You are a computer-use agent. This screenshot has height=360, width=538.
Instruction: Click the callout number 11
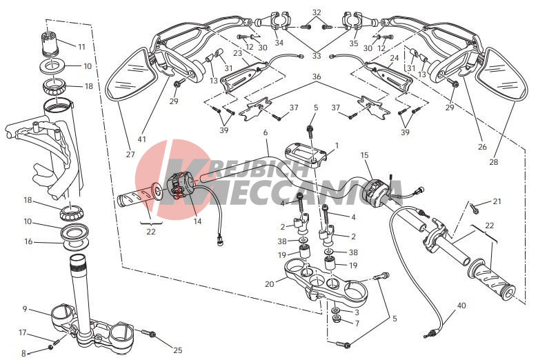[x=81, y=46]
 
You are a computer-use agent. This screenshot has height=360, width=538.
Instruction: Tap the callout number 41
[x=141, y=139]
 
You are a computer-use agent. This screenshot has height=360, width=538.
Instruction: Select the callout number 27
[x=130, y=154]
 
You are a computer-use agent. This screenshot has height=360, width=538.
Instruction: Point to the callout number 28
[x=493, y=161]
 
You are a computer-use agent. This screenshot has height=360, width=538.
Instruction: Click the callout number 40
[x=462, y=305]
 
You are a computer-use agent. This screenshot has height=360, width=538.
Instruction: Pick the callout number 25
[x=178, y=350]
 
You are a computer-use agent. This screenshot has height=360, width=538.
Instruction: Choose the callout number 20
[x=270, y=284]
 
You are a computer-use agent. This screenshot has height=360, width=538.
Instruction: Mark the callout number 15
[x=364, y=155]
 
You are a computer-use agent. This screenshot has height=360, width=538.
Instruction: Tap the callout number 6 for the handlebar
[x=266, y=132]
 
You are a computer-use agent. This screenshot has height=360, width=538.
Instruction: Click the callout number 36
[x=317, y=77]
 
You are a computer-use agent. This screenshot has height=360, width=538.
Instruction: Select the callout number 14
[x=197, y=221]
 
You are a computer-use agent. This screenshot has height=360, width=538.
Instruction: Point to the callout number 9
[x=25, y=309]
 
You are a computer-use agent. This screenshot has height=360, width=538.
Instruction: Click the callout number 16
[x=28, y=241]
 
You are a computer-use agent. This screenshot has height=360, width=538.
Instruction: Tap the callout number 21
[x=497, y=201]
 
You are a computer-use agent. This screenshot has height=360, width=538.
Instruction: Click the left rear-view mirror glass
[x=129, y=74]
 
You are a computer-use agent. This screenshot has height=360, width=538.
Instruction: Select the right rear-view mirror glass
[x=503, y=74]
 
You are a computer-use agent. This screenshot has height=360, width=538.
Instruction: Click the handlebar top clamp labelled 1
[x=306, y=154]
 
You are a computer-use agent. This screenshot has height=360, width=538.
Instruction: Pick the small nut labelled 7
[x=337, y=319]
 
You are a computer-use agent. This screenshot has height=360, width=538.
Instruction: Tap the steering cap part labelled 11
[x=50, y=42]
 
